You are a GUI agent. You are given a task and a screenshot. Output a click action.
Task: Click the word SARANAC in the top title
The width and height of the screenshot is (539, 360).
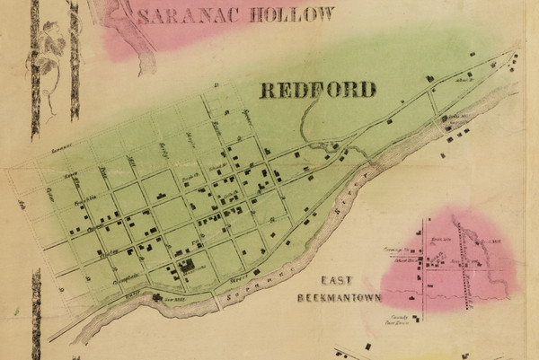[x=184, y=14]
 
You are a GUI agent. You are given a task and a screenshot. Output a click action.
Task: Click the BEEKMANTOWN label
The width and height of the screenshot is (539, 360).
[x=342, y=297]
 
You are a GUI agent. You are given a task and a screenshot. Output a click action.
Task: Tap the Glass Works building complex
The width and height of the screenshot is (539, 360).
[x=189, y=266]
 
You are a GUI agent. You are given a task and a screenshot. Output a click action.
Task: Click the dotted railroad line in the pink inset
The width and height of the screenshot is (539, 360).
[x=464, y=269]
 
